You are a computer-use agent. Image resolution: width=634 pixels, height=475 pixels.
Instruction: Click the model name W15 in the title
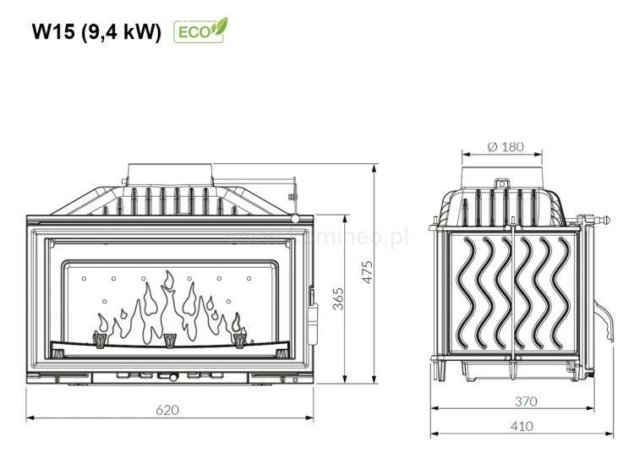pyautogui.click(x=54, y=31)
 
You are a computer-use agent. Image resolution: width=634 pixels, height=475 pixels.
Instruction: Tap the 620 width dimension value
pyautogui.click(x=168, y=410)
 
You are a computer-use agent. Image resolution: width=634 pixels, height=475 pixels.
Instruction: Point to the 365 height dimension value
pyautogui.click(x=338, y=300)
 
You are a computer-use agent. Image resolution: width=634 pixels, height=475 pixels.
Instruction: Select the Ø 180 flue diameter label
pyautogui.click(x=506, y=146)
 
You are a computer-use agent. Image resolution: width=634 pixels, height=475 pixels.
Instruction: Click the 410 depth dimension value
pyautogui.click(x=522, y=426)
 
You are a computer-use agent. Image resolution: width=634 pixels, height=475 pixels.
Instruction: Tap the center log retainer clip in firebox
pyautogui.click(x=171, y=341)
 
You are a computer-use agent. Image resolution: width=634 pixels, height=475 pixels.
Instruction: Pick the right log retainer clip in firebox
pyautogui.click(x=239, y=341)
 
